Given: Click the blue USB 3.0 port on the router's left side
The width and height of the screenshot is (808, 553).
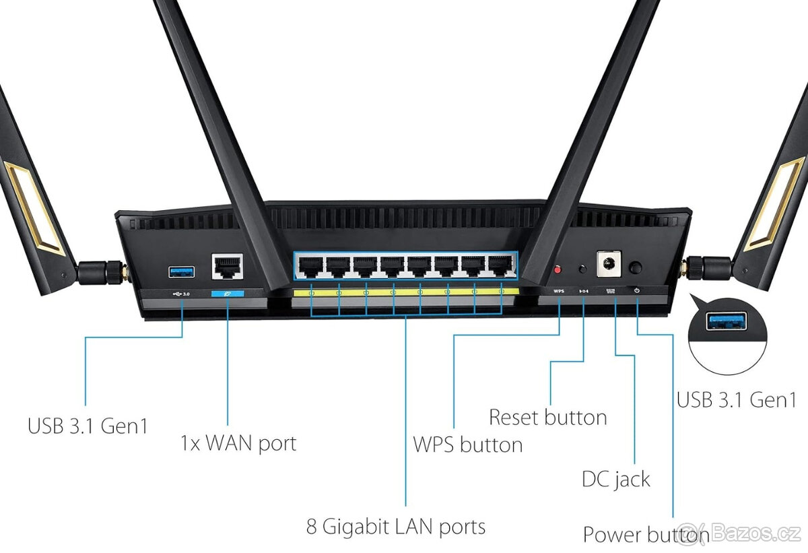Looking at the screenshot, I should tap(182, 271).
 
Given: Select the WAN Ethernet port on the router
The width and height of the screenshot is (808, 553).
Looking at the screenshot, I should tap(228, 267).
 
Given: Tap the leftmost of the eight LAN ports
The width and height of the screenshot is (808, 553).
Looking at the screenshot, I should tap(310, 267).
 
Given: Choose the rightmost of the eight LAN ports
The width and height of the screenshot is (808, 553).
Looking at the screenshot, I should tap(500, 267).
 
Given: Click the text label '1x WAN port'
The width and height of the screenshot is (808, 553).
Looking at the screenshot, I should tap(238, 443).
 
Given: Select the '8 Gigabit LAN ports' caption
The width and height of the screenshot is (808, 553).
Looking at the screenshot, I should tap(396, 526).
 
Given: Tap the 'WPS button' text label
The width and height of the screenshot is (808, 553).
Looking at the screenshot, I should tap(467, 445).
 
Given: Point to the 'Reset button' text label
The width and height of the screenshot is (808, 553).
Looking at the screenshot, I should tap(547, 417).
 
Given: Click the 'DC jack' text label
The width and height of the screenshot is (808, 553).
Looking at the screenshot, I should tap(615, 479).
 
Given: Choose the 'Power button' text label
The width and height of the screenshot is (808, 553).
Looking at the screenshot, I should tap(645, 535).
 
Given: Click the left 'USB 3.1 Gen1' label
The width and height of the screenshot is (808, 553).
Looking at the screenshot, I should tap(88, 426).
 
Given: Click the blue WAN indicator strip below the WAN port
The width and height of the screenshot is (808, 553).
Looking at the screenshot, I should tap(228, 294).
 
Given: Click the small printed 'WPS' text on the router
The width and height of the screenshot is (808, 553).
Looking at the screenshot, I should tap(558, 291).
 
